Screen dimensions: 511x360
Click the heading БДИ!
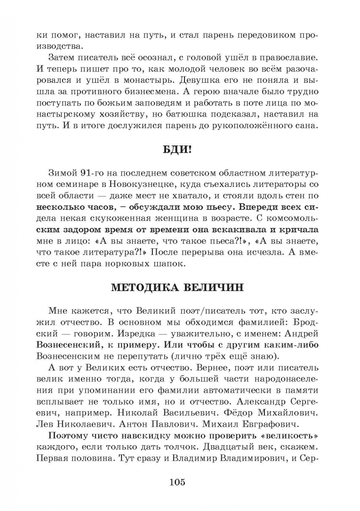pyautogui.click(x=180, y=150)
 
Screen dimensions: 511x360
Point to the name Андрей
pyautogui.click(x=303, y=332)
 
